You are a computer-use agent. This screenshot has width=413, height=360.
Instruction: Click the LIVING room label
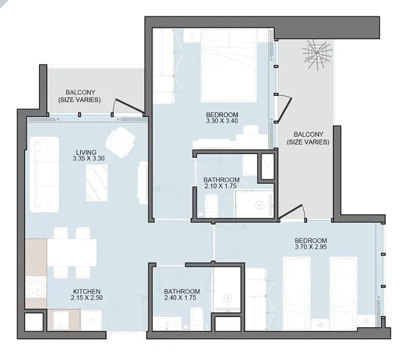click(x=86, y=153)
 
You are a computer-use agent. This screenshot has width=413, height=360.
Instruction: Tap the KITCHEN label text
click(x=87, y=291)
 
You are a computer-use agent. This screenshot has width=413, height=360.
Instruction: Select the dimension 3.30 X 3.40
click(x=222, y=121)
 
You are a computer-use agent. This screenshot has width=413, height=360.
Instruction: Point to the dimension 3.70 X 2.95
click(x=311, y=247)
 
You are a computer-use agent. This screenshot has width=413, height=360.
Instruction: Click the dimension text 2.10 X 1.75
click(x=221, y=186)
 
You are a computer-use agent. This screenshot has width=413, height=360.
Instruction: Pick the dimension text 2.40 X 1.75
click(x=180, y=298)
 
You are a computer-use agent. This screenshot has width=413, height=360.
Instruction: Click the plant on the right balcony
click(x=317, y=54)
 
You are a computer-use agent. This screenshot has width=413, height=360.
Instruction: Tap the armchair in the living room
click(x=120, y=142)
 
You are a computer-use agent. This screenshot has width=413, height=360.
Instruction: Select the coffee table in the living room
click(x=97, y=183)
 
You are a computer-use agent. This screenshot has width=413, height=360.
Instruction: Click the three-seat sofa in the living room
click(x=45, y=174)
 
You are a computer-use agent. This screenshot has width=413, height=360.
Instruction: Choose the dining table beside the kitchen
click(x=72, y=252)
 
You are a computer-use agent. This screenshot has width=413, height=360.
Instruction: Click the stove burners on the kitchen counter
click(x=36, y=286)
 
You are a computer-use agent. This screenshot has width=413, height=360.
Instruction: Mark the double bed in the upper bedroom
click(x=229, y=65)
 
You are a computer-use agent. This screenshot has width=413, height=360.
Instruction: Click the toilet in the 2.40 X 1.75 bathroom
click(x=196, y=318)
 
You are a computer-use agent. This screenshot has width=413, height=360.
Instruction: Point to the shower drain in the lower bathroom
click(x=227, y=298)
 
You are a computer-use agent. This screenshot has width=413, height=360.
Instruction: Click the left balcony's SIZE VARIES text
click(x=80, y=100)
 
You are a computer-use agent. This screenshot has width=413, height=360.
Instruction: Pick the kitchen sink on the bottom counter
click(x=61, y=320)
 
